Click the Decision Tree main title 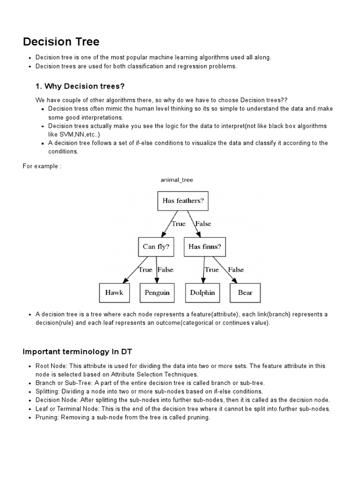61,42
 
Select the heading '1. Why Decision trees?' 80,86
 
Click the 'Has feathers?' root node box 183,201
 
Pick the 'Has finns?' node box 204,247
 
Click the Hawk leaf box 114,292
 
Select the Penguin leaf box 157,292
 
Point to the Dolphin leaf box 202,292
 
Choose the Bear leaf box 245,292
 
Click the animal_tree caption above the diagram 177,180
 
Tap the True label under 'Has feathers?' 178,224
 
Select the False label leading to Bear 236,270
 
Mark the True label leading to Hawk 145,270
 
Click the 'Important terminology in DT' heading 78,352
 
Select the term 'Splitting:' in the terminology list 49,391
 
